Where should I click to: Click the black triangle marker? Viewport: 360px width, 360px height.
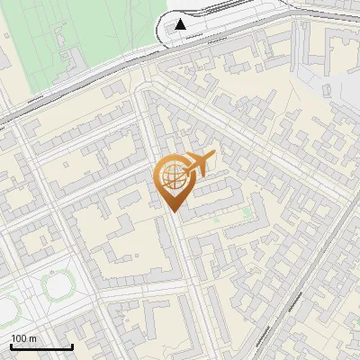[182, 23]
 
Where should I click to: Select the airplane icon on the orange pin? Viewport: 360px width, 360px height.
[200, 164]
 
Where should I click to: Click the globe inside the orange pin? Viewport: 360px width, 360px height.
[173, 178]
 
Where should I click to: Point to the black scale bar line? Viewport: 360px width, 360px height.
[40, 346]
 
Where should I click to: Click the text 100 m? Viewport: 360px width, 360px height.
[24, 338]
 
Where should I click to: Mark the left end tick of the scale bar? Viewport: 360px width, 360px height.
[10, 346]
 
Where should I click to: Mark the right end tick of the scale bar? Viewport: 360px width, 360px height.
[72, 346]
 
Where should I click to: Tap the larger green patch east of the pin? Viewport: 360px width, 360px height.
[247, 213]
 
